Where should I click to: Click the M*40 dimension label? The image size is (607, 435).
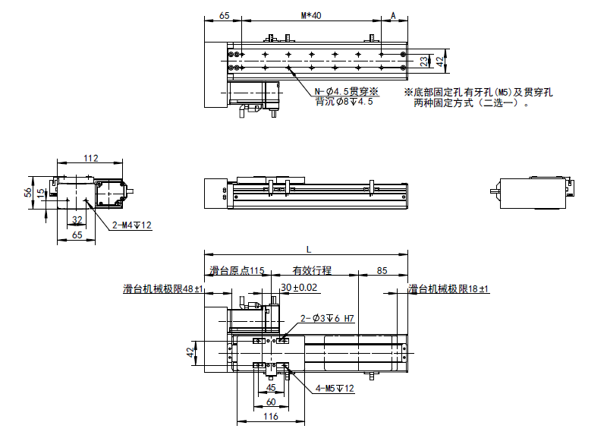(311, 15)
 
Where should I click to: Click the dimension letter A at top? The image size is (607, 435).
(393, 15)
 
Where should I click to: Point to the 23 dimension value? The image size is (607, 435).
(423, 61)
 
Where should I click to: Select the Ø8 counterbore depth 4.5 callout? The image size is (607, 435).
(344, 102)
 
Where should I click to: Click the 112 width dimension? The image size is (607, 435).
(91, 158)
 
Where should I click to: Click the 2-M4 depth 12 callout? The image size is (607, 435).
(132, 225)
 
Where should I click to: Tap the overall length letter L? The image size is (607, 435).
(308, 249)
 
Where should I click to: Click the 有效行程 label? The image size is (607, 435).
(312, 270)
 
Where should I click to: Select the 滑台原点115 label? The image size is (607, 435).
(236, 270)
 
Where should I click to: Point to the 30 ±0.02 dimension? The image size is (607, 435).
(298, 288)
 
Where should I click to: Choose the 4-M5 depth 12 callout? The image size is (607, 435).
(335, 389)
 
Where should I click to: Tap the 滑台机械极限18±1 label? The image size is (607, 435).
(448, 288)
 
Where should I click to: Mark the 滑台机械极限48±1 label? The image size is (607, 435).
(163, 288)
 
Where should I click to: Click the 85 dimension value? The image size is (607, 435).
(382, 270)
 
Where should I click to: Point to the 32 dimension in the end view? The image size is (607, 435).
(77, 219)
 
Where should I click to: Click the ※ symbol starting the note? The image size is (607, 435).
(408, 92)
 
